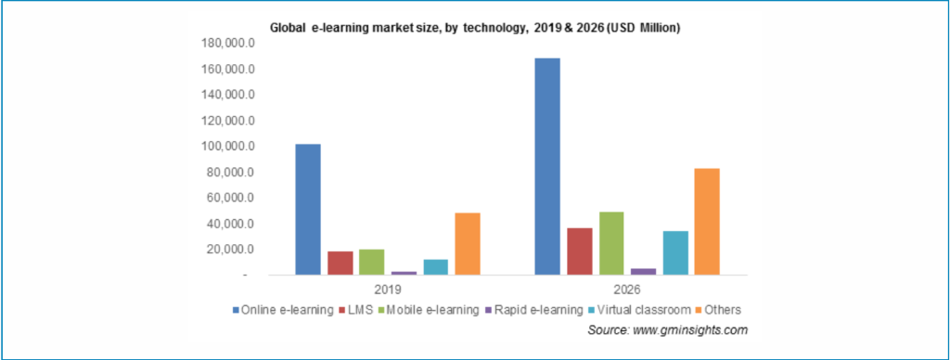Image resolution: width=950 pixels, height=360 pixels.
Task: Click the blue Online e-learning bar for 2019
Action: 307,210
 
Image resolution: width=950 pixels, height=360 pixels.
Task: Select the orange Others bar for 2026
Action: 706,222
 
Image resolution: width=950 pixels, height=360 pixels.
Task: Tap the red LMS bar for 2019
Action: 340,264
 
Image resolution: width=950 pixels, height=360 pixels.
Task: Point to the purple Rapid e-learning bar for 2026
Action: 643,272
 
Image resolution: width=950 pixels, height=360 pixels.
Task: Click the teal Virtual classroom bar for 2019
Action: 435,267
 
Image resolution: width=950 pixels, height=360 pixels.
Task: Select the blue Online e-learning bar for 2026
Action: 546,166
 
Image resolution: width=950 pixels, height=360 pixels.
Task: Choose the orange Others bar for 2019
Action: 467,244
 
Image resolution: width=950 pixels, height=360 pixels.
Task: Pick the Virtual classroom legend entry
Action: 639,309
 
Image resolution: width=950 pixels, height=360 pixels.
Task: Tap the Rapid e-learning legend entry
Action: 535,309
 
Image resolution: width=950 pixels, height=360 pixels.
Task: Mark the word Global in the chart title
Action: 288,28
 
